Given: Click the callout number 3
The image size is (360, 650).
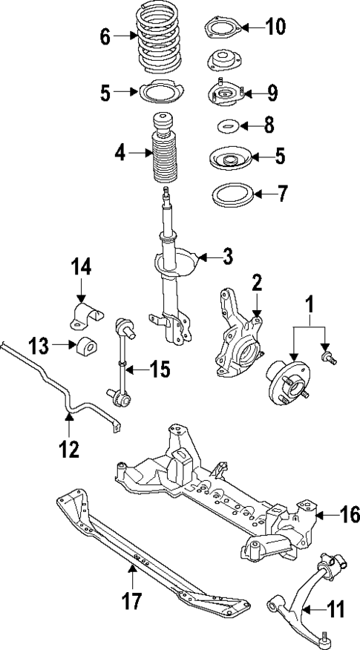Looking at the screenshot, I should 227,257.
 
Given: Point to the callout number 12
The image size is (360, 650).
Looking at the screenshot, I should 68,448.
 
